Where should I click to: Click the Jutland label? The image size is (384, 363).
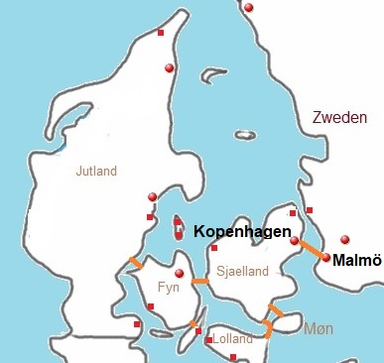pyautogui.click(x=96, y=171)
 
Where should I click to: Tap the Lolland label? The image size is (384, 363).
pyautogui.click(x=233, y=339)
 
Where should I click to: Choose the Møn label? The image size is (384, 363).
pyautogui.click(x=318, y=327)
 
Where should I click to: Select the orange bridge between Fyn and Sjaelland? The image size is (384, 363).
pyautogui.click(x=200, y=282)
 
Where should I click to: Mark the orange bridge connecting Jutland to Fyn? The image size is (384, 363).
pyautogui.click(x=133, y=264)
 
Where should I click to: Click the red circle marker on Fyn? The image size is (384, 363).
pyautogui.click(x=179, y=274)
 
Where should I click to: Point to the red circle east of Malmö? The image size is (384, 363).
pyautogui.click(x=344, y=238)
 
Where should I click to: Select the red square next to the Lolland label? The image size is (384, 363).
pyautogui.click(x=208, y=340)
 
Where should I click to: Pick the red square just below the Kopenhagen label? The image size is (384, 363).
pyautogui.click(x=213, y=247)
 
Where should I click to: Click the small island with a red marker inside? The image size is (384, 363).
pyautogui.click(x=178, y=227)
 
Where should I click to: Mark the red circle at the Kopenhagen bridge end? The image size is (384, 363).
pyautogui.click(x=294, y=240)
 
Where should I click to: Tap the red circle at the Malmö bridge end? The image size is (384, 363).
pyautogui.click(x=325, y=258)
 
